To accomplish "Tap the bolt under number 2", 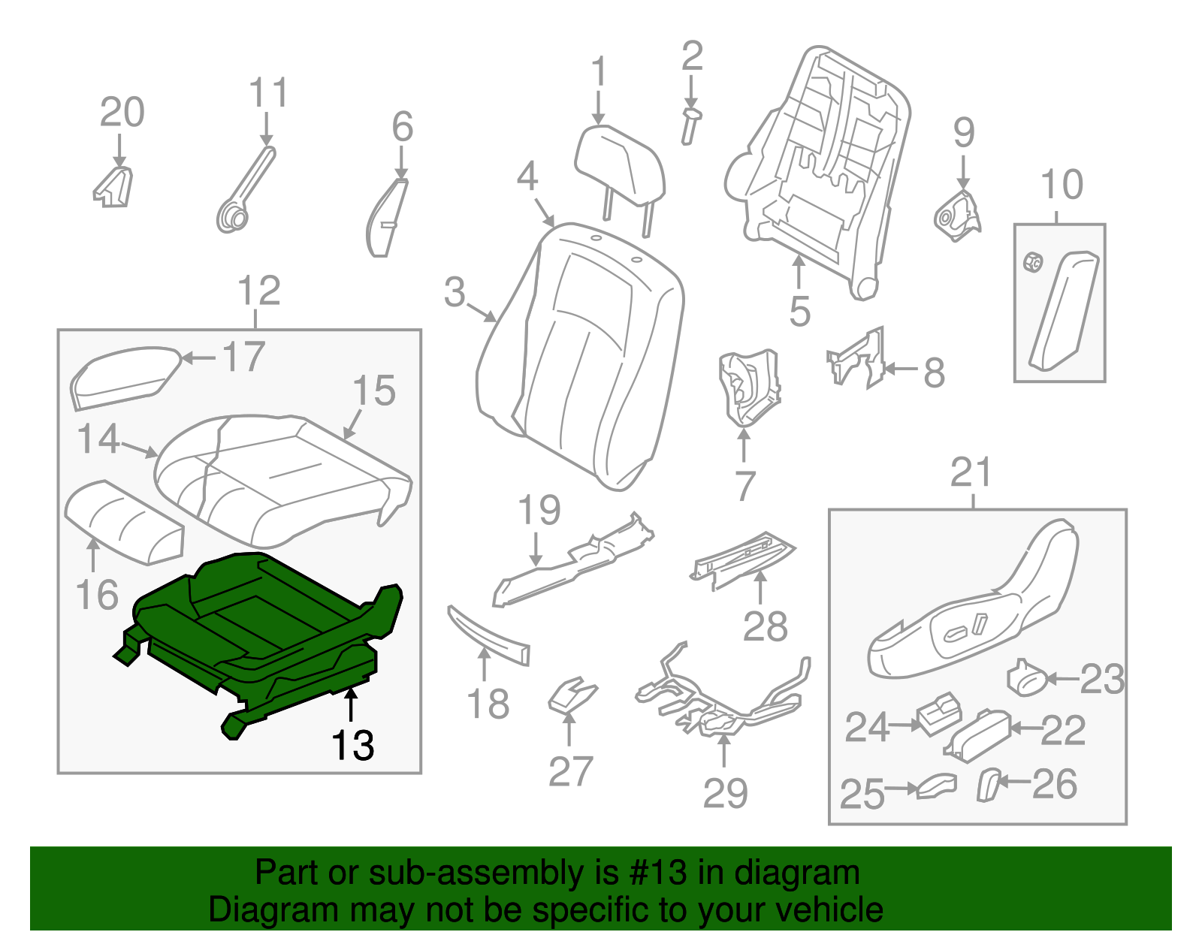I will coord(690,126).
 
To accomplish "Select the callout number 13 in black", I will coord(352,745).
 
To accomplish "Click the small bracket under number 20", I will coord(114,188).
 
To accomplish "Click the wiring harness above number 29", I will coord(721,698).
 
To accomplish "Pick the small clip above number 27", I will coord(571,695).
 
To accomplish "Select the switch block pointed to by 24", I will coord(938,713).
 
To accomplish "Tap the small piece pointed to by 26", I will coord(989,784).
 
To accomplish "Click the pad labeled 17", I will coord(124,376).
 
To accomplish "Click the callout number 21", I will coord(971,473).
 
